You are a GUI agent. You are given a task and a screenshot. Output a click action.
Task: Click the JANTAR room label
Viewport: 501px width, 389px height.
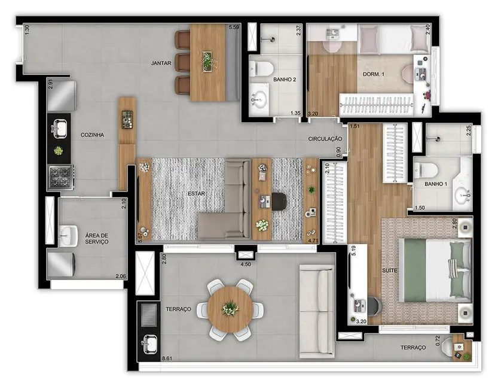161,62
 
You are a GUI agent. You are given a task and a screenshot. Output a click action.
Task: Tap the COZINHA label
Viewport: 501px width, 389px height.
92,135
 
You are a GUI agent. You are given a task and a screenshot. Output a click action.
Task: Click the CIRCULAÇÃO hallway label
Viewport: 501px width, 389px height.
325,139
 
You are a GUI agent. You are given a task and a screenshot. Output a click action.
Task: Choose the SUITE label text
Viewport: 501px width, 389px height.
390,271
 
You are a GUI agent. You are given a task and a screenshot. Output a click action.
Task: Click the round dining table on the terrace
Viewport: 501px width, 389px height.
231,309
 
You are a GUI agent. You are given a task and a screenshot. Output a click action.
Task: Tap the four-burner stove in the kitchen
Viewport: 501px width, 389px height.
60,177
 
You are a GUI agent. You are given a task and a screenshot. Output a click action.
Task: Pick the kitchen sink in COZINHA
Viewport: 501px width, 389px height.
60,127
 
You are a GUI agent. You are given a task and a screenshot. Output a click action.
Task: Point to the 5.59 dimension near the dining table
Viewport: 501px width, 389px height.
234,28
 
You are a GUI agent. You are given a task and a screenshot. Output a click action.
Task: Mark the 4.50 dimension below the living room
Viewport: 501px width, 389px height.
246,263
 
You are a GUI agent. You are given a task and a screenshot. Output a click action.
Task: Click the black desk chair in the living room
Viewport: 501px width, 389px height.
280,202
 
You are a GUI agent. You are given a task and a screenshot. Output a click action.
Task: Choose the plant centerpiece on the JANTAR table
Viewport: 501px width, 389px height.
207,60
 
